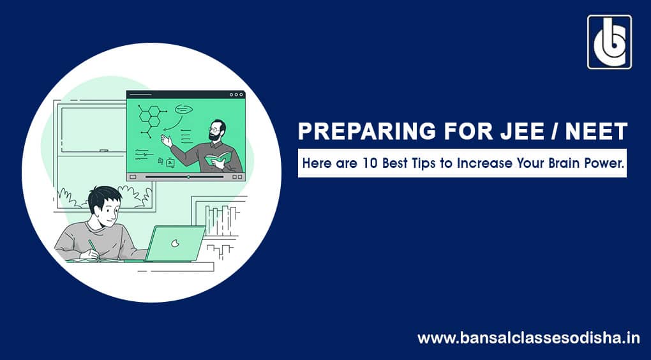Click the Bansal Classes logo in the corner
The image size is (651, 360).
pyautogui.click(x=610, y=42)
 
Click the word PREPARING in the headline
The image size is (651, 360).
pyautogui.click(x=366, y=131)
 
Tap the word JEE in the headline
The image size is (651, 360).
pyautogui.click(x=519, y=131)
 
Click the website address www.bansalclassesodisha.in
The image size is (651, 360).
pyautogui.click(x=528, y=338)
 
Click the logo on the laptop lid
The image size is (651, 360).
pyautogui.click(x=176, y=243)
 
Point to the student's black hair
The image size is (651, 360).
pyautogui.click(x=104, y=197)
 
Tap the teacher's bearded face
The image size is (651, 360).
pyautogui.click(x=216, y=131)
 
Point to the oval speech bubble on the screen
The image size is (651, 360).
pyautogui.click(x=184, y=110)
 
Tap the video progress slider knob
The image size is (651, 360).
pyautogui.click(x=188, y=177)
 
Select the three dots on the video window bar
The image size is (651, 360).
pyautogui.click(x=236, y=94)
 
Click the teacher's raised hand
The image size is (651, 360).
pyautogui.click(x=166, y=140)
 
